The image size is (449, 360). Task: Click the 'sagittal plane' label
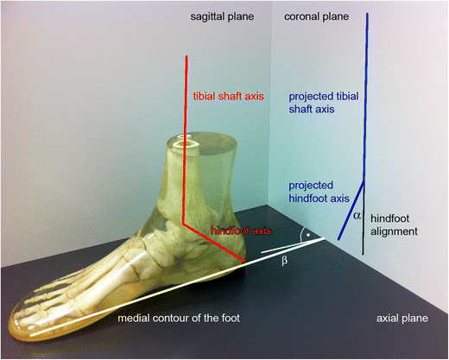click(x=224, y=16)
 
